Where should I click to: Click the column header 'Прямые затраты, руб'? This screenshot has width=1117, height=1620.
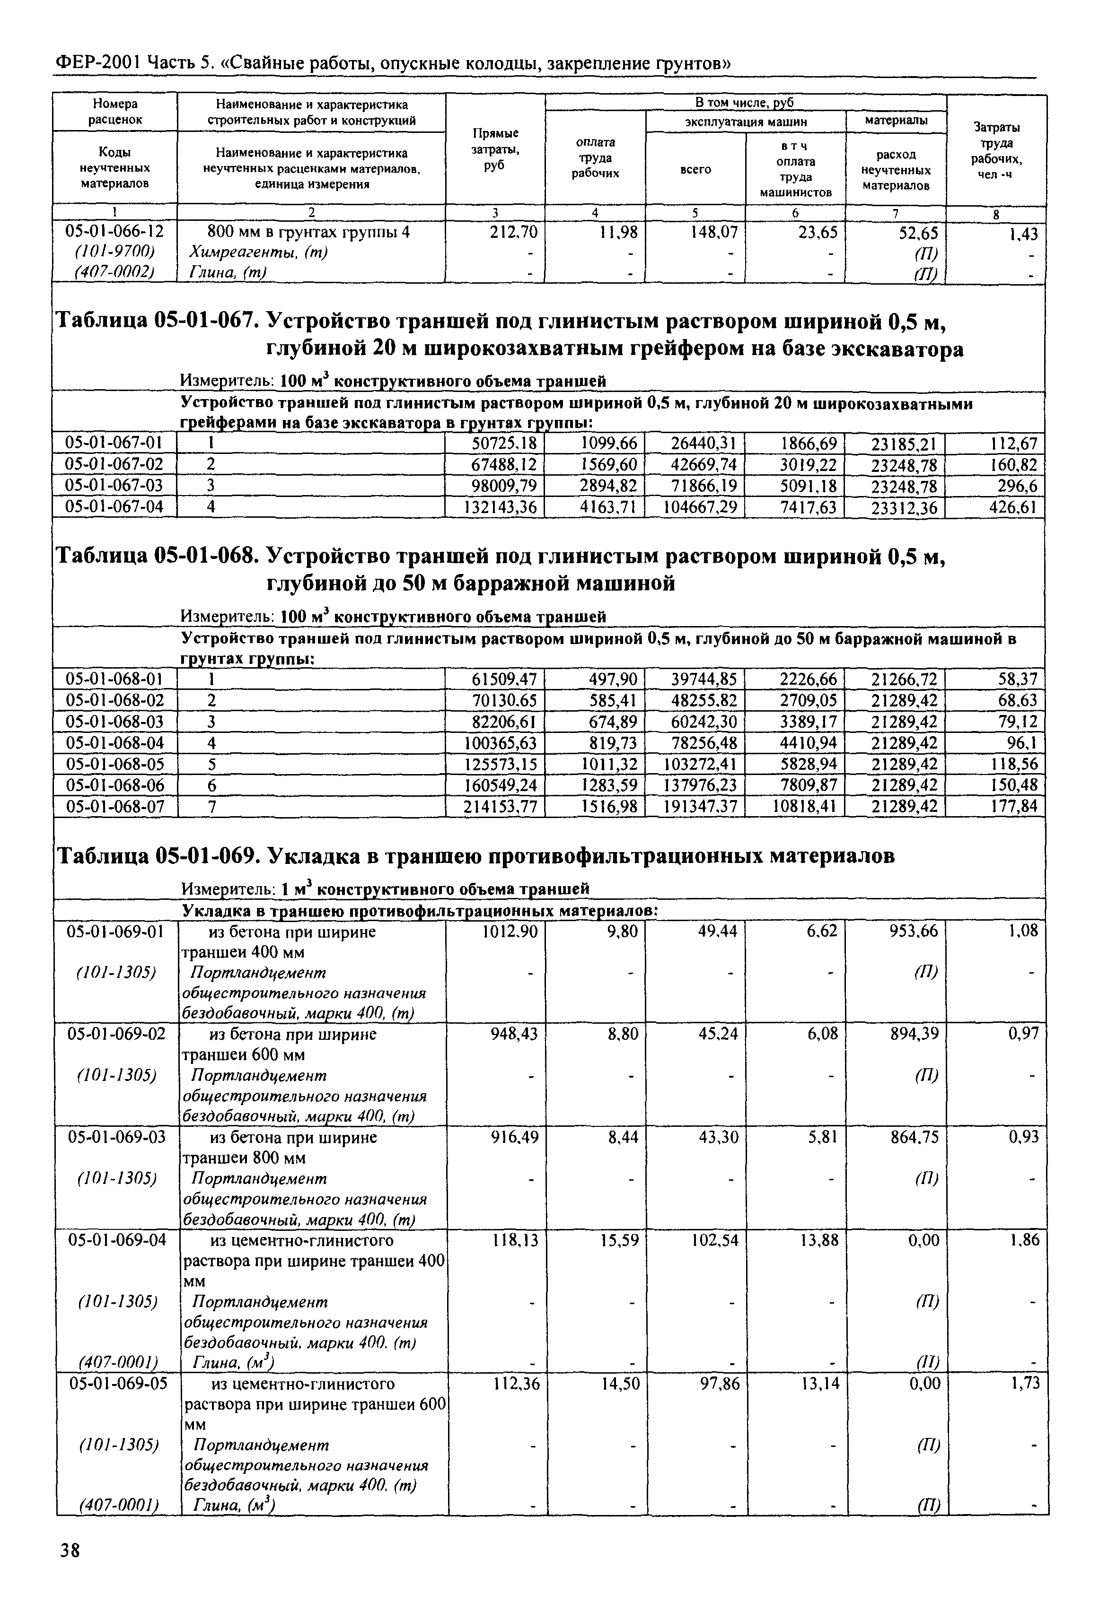coord(495,149)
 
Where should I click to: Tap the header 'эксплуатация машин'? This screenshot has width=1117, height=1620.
coord(745,121)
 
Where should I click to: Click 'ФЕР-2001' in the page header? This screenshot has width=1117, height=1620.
coord(97,63)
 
